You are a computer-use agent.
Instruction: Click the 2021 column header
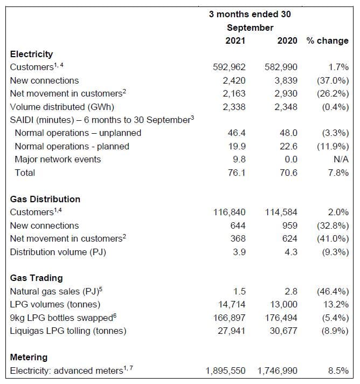tap(235, 41)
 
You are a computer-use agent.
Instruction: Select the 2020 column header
tap(287, 41)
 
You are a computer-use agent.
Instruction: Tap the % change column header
tap(327, 41)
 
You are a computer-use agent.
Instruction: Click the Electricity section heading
tap(31, 54)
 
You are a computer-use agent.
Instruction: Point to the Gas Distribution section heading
tap(45, 199)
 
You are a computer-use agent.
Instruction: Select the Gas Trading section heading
tap(37, 278)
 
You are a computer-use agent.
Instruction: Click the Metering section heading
tap(29, 357)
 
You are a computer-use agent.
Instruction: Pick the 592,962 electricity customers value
tap(230, 67)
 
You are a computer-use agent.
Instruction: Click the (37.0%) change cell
tap(333, 80)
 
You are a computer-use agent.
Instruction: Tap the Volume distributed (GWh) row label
tap(61, 107)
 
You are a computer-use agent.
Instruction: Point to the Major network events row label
tap(58, 159)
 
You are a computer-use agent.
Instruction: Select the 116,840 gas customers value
tap(230, 212)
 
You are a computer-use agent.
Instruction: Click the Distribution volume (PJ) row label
tap(58, 252)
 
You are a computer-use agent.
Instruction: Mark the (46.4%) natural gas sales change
tap(333, 291)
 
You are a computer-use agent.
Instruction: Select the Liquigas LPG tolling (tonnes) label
tap(68, 331)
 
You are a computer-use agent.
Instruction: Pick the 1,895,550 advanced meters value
tap(226, 371)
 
